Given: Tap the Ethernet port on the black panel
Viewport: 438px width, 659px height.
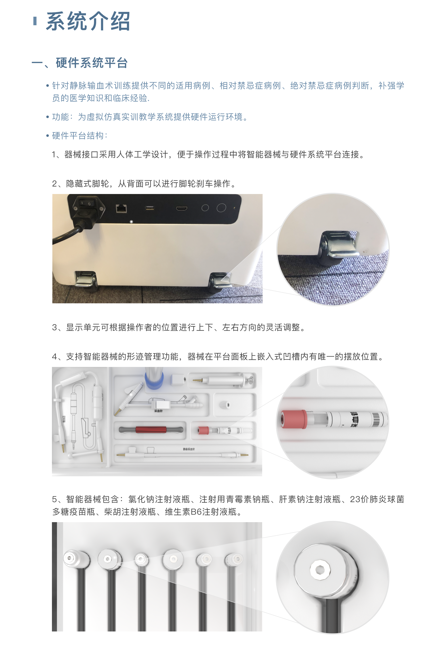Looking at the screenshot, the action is (121, 208).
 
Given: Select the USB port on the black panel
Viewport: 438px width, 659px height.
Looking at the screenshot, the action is (150, 208).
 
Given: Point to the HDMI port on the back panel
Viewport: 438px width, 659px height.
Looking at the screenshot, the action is (182, 208).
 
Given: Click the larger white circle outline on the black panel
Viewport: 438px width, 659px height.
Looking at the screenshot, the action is (221, 208).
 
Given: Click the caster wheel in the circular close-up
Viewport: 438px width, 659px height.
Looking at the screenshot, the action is (339, 247).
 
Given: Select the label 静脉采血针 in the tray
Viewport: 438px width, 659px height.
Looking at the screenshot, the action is (189, 449).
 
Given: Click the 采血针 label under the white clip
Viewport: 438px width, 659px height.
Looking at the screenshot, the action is (158, 411).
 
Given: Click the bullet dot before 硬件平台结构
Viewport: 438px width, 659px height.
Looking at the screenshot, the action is (48, 136).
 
